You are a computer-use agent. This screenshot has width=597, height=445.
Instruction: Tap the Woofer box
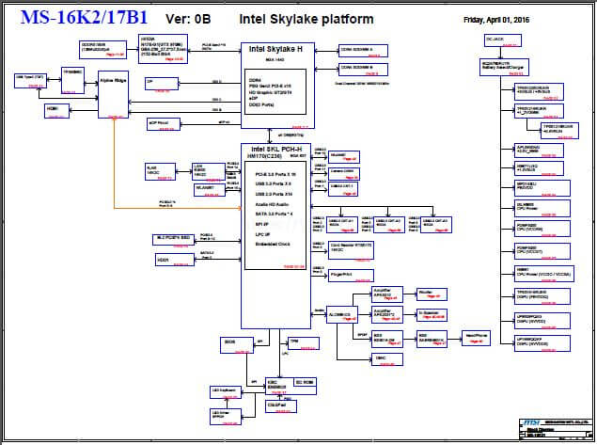coord(426,294)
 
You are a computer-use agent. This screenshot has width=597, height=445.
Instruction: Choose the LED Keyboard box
coord(223,391)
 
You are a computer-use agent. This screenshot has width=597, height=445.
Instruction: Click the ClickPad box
coord(276,405)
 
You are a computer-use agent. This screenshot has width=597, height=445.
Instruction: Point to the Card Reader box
coord(346,249)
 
